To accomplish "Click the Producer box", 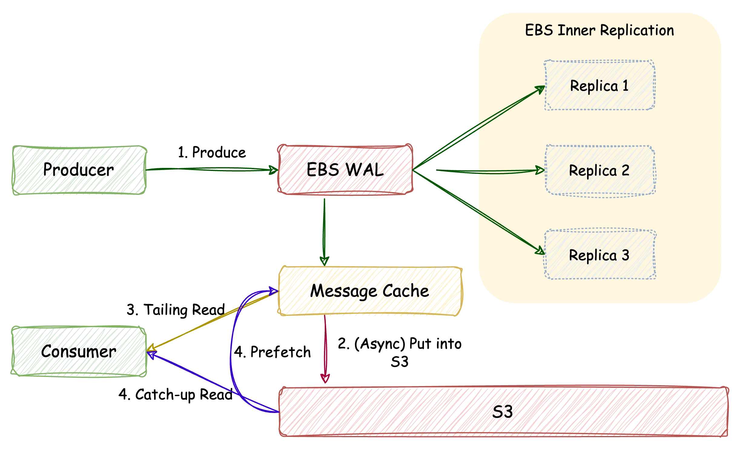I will pyautogui.click(x=79, y=170).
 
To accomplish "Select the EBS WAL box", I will pyautogui.click(x=345, y=169).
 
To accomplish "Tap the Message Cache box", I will pyautogui.click(x=369, y=291).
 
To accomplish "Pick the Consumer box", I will pyautogui.click(x=79, y=351).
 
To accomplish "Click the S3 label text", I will pyautogui.click(x=503, y=412).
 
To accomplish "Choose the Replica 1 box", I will pyautogui.click(x=600, y=86).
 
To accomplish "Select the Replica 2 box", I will pyautogui.click(x=600, y=171).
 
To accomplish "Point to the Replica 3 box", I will pyautogui.click(x=600, y=255).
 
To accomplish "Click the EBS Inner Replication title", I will pyautogui.click(x=600, y=30).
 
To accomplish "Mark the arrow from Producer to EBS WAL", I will pyautogui.click(x=212, y=170).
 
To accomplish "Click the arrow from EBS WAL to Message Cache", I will pyautogui.click(x=324, y=230).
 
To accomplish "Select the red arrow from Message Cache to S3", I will pyautogui.click(x=325, y=348).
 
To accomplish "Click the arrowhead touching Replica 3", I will pyautogui.click(x=540, y=251).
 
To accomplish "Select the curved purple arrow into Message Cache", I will pyautogui.click(x=233, y=348).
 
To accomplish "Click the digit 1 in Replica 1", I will pyautogui.click(x=625, y=86).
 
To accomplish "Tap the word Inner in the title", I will pyautogui.click(x=577, y=30).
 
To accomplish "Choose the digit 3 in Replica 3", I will pyautogui.click(x=625, y=255).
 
